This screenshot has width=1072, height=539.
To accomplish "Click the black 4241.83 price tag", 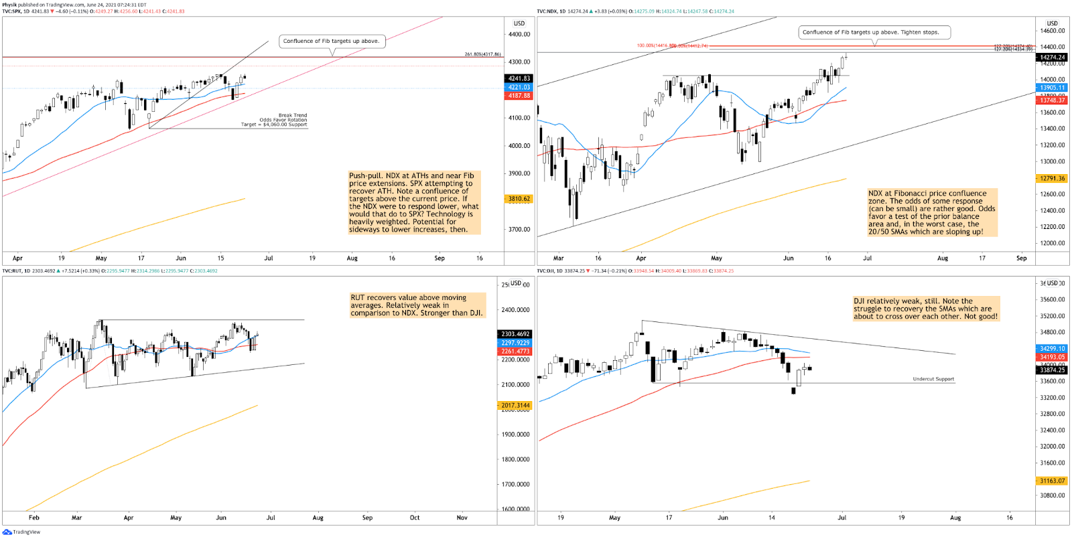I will [519, 78].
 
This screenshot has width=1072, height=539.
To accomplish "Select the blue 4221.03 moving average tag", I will [519, 87].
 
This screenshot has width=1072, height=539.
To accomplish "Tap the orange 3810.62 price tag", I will [519, 199].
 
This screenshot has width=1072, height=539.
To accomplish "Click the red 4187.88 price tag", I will [519, 96].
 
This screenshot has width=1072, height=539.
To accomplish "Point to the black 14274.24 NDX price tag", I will [1052, 58].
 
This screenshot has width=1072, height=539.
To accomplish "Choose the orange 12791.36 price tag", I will [1052, 179].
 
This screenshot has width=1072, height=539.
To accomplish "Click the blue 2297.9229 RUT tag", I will [515, 343].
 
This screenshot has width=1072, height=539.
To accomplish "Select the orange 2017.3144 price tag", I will [515, 406].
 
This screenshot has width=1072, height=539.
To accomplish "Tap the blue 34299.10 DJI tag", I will [1052, 349].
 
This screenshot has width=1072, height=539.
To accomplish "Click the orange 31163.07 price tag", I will [1052, 481].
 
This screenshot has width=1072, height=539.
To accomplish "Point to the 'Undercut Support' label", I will [933, 379].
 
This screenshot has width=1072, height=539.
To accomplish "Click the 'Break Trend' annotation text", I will [293, 116].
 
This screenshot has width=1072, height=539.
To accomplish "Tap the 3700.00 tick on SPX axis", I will [519, 230].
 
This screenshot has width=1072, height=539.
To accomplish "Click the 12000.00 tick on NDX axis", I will [1053, 243].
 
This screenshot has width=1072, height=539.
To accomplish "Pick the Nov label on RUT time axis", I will [462, 518].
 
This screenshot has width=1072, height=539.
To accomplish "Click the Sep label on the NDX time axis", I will [1021, 258].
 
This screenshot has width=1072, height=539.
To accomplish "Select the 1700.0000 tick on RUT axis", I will [515, 484].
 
